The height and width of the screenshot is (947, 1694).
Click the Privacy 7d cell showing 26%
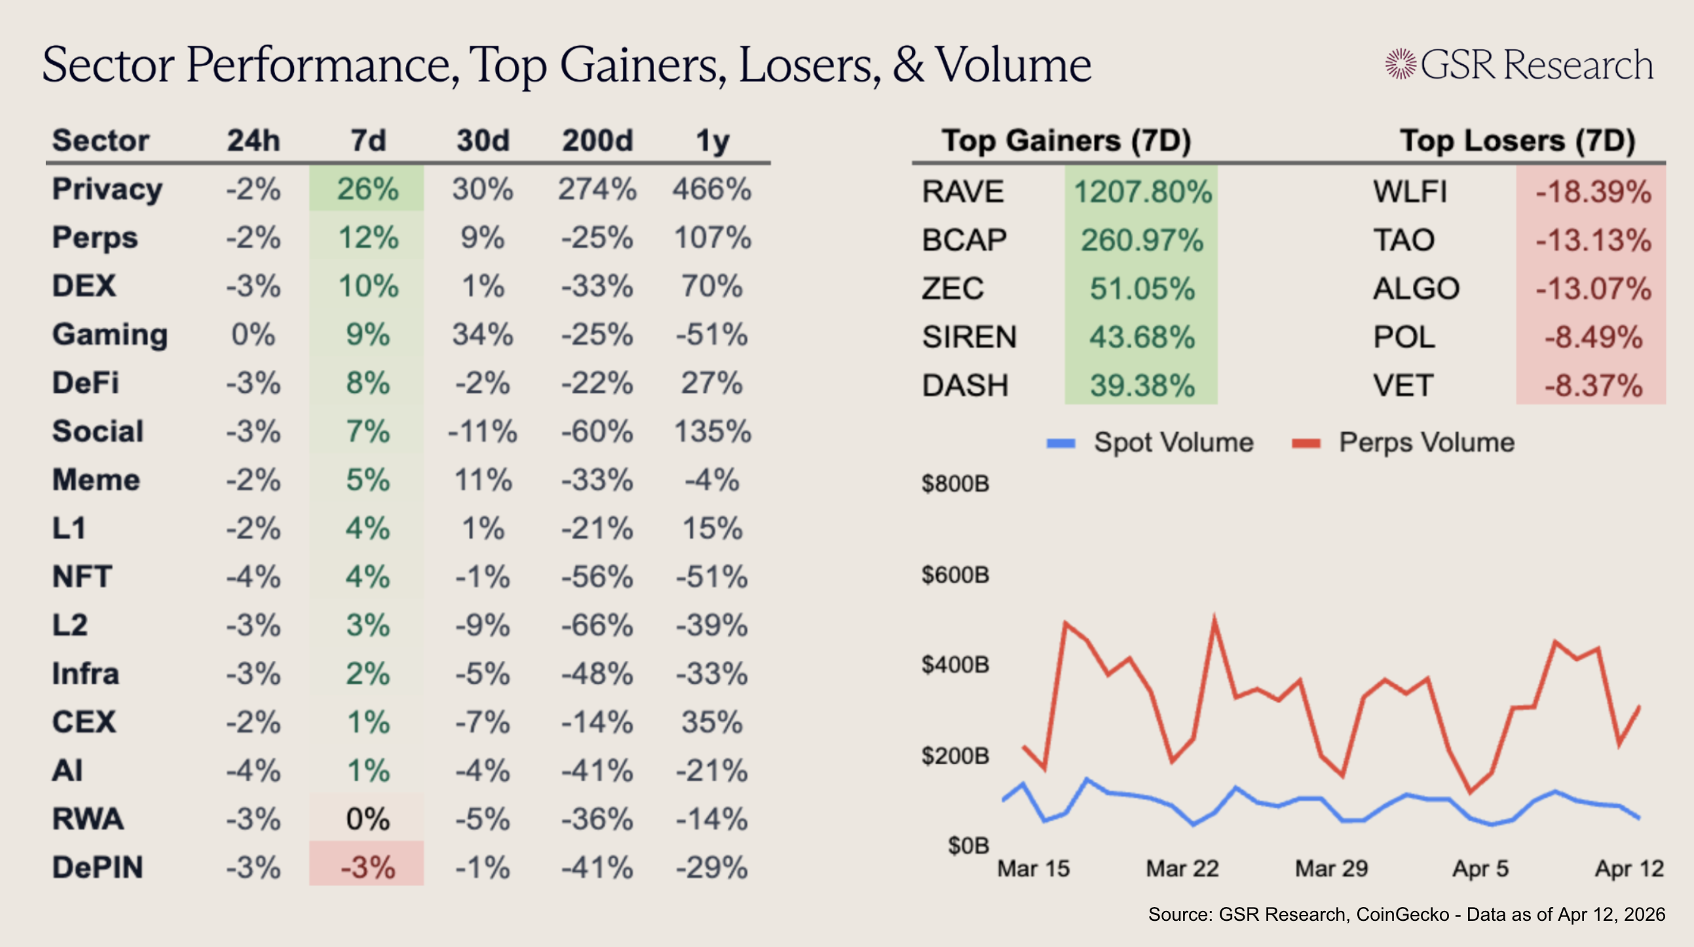click(367, 189)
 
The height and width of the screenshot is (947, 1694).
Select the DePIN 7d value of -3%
click(367, 867)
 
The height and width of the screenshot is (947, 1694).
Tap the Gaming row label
click(110, 335)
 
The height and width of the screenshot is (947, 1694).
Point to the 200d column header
click(597, 141)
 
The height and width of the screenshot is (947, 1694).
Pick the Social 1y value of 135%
click(712, 432)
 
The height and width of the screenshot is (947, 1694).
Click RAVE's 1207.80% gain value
click(1142, 192)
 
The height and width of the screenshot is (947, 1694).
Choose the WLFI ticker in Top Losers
click(1410, 192)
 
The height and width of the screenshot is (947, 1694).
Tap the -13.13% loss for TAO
click(1592, 240)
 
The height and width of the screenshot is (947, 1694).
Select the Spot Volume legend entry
click(1150, 443)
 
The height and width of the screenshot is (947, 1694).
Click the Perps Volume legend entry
click(1403, 443)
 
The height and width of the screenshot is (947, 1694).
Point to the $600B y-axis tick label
click(955, 576)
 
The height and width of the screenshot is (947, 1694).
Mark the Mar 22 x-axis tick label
click(1182, 869)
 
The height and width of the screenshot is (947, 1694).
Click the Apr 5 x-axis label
click(1480, 869)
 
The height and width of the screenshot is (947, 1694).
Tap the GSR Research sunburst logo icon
click(1400, 64)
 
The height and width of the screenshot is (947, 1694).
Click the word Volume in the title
click(1013, 65)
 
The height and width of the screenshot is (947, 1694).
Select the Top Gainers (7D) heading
click(1066, 141)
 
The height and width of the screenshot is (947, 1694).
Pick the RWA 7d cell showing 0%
click(367, 819)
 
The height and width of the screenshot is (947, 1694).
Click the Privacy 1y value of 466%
click(711, 189)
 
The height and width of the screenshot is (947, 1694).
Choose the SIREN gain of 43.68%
click(1142, 337)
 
